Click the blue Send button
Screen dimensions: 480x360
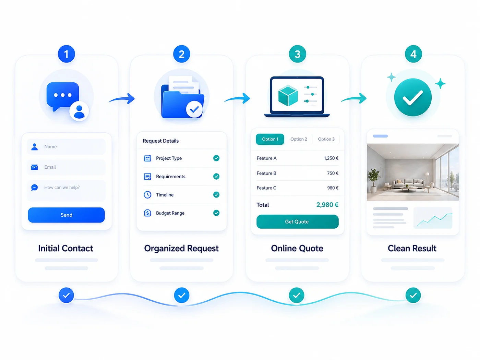pyautogui.click(x=66, y=215)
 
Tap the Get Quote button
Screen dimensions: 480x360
pyautogui.click(x=297, y=221)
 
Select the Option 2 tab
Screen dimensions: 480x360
pyautogui.click(x=299, y=139)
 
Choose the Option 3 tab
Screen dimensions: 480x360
pyautogui.click(x=326, y=139)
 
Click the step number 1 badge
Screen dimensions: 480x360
pyautogui.click(x=66, y=54)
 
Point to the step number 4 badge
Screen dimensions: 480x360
pyautogui.click(x=413, y=54)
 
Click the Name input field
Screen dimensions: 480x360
pyautogui.click(x=66, y=146)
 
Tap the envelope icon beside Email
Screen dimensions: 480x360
pyautogui.click(x=35, y=167)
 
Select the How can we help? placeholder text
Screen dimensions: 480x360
pyautogui.click(x=62, y=187)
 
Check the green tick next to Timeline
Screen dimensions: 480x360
pyautogui.click(x=216, y=194)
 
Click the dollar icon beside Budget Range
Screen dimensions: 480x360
pyautogui.click(x=147, y=213)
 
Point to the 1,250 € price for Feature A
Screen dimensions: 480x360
pyautogui.click(x=331, y=158)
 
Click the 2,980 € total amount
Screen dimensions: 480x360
pyautogui.click(x=327, y=205)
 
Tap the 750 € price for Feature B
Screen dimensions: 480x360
pyautogui.click(x=333, y=173)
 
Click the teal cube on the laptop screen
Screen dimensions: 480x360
pyautogui.click(x=288, y=96)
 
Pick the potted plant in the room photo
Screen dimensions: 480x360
pyautogui.click(x=373, y=180)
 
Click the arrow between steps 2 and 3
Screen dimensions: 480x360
pyautogui.click(x=237, y=99)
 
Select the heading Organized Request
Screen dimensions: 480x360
pyautogui.click(x=181, y=249)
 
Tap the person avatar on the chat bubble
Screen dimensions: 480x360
pyautogui.click(x=79, y=111)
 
